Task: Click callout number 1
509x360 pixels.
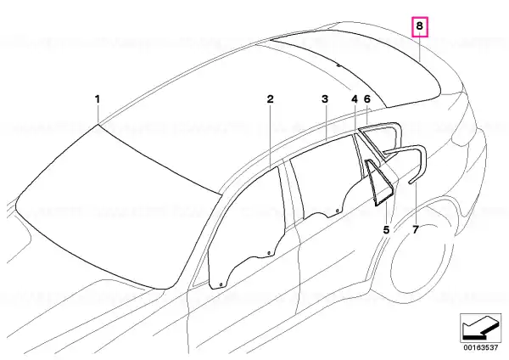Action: (98, 99)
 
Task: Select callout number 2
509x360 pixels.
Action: (270, 99)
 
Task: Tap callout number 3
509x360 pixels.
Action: (325, 99)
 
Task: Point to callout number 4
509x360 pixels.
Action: (355, 99)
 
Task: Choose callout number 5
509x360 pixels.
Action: (386, 230)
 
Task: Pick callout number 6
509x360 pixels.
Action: (367, 99)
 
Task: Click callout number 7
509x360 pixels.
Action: (416, 230)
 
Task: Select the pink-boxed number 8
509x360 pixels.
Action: (420, 26)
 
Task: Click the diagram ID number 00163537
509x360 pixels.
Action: (480, 347)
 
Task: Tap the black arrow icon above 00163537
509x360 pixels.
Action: (480, 327)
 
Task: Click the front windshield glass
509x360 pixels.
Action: (117, 205)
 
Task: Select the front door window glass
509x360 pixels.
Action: (247, 228)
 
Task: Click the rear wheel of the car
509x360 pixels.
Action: (422, 260)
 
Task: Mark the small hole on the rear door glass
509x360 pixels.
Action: (338, 211)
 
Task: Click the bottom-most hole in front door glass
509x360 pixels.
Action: (221, 285)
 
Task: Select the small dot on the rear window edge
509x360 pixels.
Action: (338, 65)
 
